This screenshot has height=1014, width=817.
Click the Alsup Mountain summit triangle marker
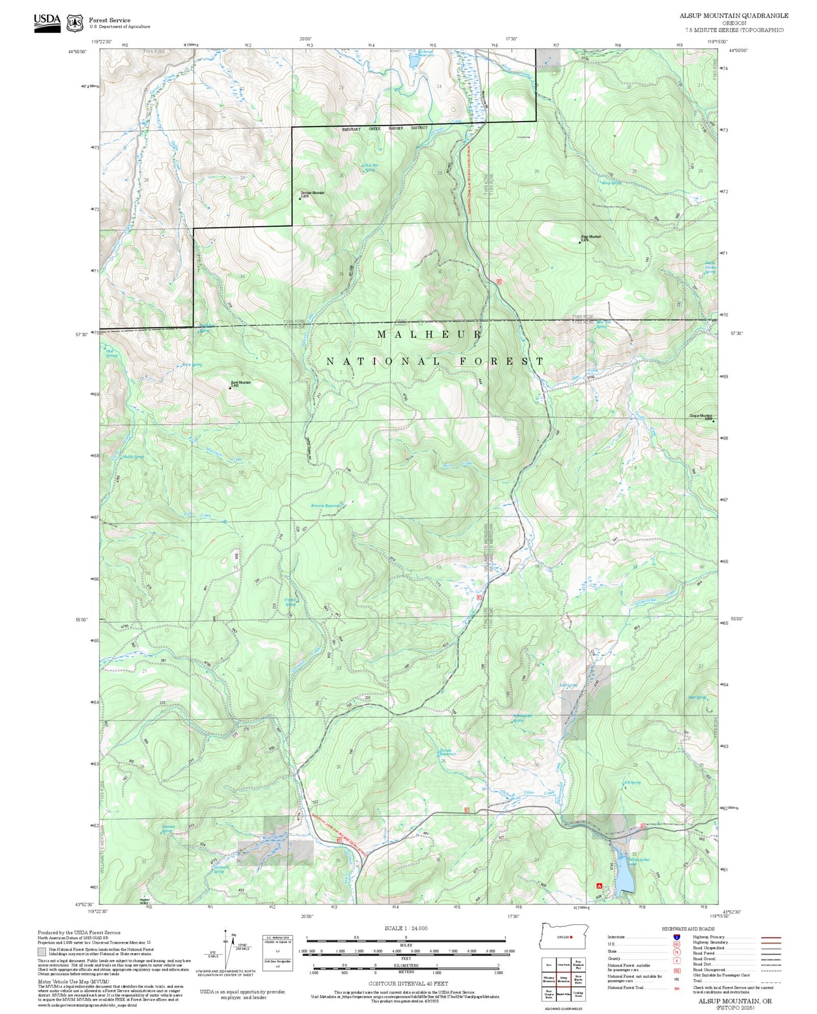580,242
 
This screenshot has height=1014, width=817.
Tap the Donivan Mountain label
312,193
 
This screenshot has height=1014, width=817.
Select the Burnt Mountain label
241,383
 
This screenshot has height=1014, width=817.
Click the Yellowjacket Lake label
639,861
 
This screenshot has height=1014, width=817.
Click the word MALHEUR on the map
429,335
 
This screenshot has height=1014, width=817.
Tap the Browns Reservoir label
327,506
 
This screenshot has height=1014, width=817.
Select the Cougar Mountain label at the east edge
701,416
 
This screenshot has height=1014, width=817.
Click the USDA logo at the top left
47,23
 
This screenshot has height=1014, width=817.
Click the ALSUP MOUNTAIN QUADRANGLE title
733,16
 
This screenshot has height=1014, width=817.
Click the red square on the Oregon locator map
572,937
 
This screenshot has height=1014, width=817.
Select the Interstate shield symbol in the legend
676,937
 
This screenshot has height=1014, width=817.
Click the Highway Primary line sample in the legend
771,937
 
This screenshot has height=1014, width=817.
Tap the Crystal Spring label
290,603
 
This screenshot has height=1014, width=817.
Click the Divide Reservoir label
448,752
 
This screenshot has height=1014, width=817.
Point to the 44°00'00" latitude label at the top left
77,51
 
